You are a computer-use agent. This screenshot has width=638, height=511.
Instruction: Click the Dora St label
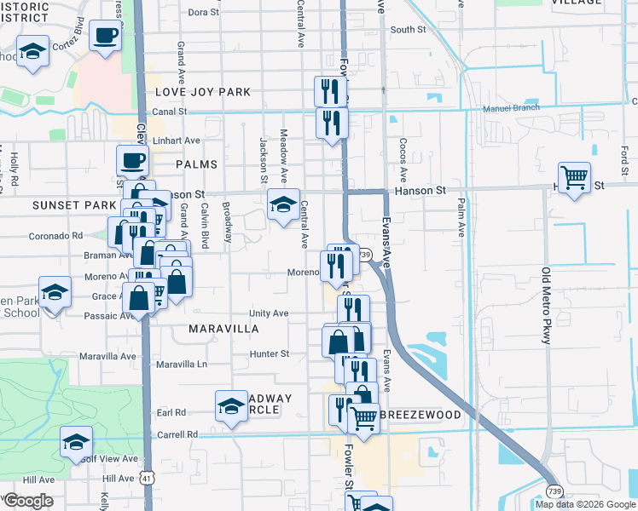click(203, 12)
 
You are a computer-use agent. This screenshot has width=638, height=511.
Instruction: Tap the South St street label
click(408, 30)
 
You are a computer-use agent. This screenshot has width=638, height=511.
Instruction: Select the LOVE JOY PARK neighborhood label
click(203, 92)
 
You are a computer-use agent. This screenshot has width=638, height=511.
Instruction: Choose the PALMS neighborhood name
click(196, 164)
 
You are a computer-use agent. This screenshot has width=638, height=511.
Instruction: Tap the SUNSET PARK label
click(74, 205)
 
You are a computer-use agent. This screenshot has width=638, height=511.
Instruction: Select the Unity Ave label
click(269, 313)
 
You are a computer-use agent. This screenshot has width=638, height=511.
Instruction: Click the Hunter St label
click(270, 353)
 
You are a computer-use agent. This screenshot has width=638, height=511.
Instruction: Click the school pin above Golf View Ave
click(76, 441)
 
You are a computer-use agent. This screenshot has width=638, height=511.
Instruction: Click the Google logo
click(28, 501)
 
